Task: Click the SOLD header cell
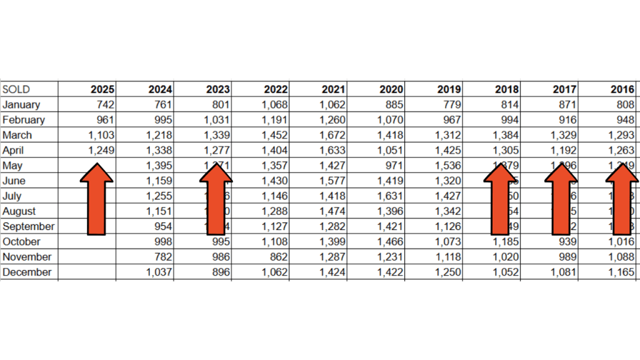point(16,89)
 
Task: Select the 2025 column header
point(102,89)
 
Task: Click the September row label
point(28,226)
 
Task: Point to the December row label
point(27,272)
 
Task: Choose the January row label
point(21,104)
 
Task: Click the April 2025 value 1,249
point(101,150)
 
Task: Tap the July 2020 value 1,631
point(391,196)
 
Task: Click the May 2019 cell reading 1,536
point(449,166)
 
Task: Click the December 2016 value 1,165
point(622,272)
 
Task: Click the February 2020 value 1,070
point(391,120)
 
